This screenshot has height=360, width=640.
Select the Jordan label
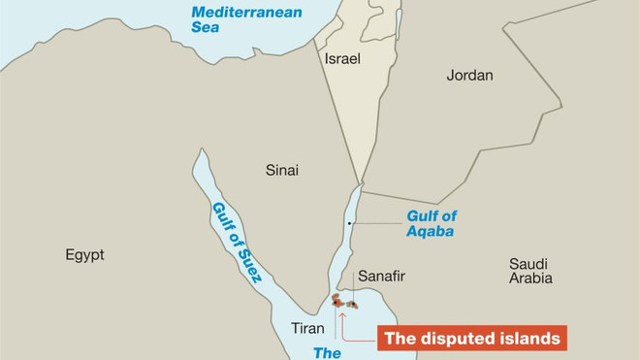pyautogui.click(x=469, y=75)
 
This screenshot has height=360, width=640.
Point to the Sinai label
pyautogui.click(x=282, y=170)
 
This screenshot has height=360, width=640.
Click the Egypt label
pyautogui.click(x=84, y=255)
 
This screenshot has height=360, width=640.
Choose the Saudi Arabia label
pyautogui.click(x=530, y=271)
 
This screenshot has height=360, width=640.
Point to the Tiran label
pyautogui.click(x=307, y=328)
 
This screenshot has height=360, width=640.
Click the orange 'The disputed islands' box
pyautogui.click(x=470, y=339)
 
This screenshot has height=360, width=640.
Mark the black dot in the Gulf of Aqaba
pyautogui.click(x=349, y=226)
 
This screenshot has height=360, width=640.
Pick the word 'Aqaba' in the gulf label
pyautogui.click(x=431, y=232)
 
